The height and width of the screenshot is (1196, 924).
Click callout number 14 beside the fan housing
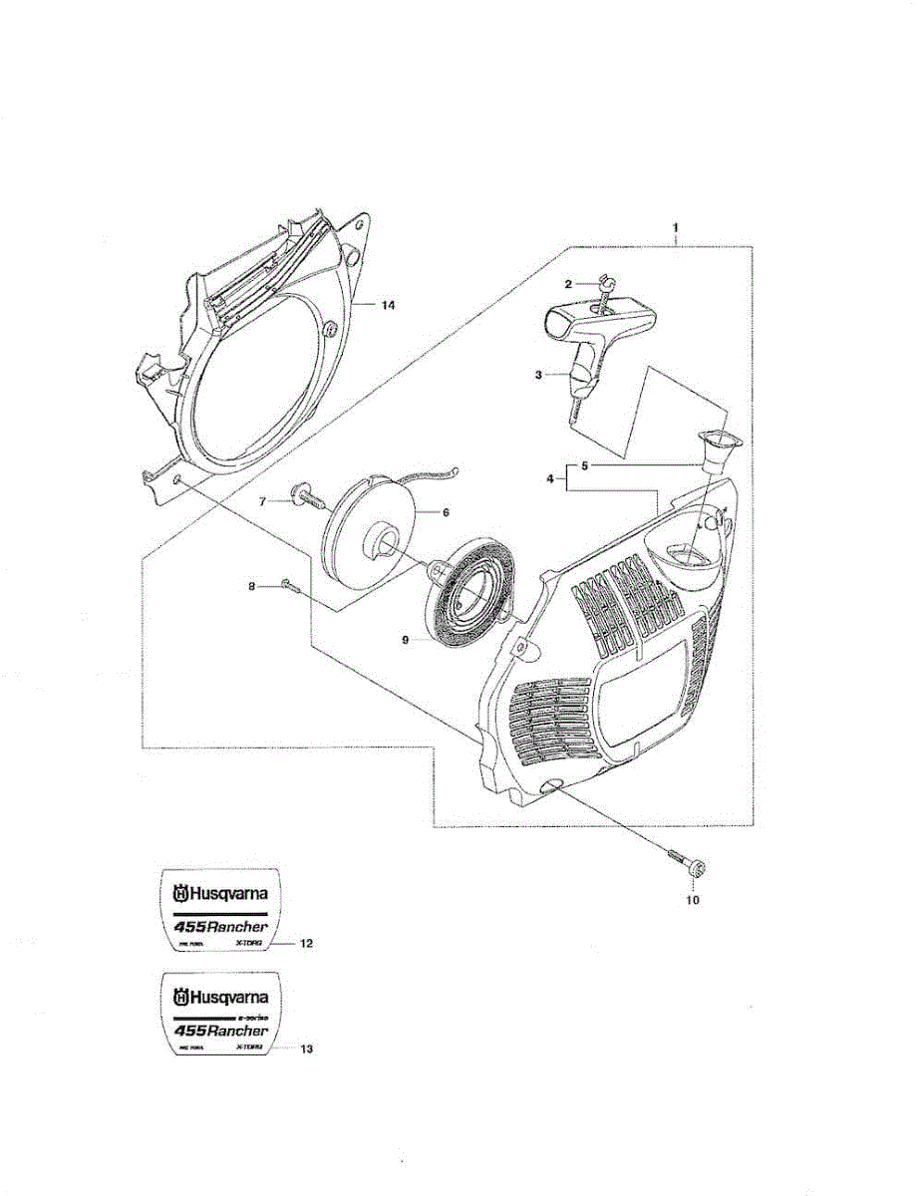[388, 305]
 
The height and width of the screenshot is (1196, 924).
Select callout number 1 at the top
[677, 228]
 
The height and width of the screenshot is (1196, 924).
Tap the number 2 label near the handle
[568, 285]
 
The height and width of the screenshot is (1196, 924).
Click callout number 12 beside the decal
[306, 942]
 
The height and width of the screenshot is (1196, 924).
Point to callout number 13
[306, 1047]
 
